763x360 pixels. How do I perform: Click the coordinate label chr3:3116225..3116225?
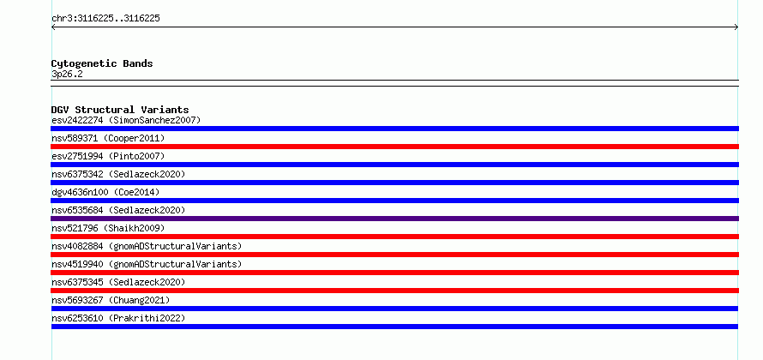coord(105,19)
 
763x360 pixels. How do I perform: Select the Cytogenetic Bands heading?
coord(102,63)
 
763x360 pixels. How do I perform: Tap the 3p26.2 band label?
coord(67,74)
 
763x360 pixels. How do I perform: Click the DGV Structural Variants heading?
coord(120,110)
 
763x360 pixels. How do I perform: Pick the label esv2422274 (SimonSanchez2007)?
coord(126,120)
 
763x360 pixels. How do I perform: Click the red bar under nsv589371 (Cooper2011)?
coord(394,147)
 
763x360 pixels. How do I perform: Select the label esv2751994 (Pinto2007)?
coord(108,156)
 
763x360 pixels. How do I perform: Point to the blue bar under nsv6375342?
coord(394,183)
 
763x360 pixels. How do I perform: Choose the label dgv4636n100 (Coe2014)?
coord(105,192)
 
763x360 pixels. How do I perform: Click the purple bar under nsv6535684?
coord(394,219)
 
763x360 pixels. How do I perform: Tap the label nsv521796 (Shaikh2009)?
coord(108,228)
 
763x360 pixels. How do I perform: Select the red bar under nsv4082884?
coord(394,255)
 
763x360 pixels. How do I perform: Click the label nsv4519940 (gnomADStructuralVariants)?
coord(147,264)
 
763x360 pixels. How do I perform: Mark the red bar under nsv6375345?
coord(394,291)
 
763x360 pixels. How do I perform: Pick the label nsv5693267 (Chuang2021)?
coord(111,300)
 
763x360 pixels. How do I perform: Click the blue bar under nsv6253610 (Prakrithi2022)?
coord(394,327)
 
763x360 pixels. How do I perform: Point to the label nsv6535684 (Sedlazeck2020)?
coord(118,210)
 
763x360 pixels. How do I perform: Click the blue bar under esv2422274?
coord(394,129)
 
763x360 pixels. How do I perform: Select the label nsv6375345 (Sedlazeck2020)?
coord(118,282)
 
